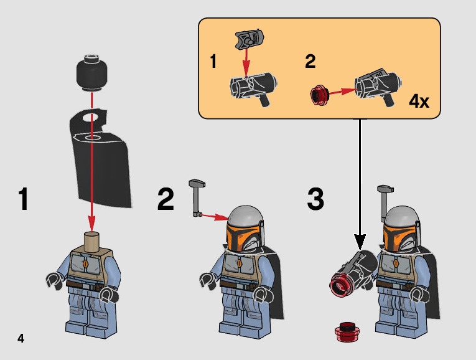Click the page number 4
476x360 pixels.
21,339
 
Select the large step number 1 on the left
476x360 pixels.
23,200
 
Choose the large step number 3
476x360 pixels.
315,199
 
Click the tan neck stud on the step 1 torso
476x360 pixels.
92,240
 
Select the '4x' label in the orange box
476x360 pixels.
419,102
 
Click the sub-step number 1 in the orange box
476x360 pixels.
213,62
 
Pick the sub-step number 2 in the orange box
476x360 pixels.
310,62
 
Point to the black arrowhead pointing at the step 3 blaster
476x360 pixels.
360,242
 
